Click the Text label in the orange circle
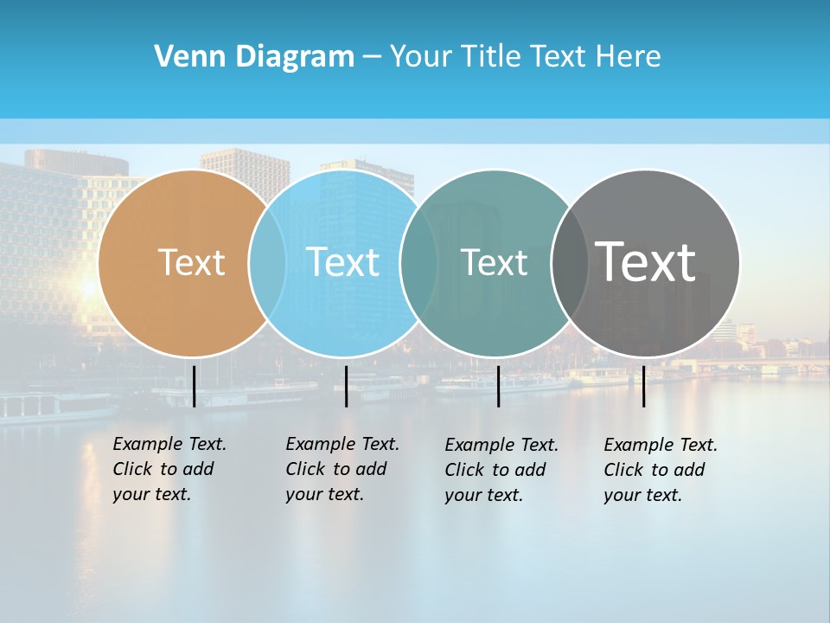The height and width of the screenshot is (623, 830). [x=191, y=262]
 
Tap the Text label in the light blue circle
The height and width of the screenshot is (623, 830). [x=342, y=262]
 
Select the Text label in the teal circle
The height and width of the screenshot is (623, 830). [x=494, y=262]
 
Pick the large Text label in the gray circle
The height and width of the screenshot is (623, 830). [x=645, y=261]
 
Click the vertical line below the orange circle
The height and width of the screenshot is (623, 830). [x=194, y=386]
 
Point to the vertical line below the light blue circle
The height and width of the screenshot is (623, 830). [x=346, y=386]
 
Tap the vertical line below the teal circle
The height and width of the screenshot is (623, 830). [x=498, y=386]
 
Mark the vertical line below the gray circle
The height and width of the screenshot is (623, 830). [x=643, y=386]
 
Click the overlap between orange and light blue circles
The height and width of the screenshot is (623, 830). [x=267, y=263]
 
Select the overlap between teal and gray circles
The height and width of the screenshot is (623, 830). [x=570, y=263]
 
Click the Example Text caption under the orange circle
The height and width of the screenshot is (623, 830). [x=169, y=469]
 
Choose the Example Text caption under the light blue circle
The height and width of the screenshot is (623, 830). [x=342, y=469]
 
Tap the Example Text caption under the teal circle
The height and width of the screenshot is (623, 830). [x=501, y=470]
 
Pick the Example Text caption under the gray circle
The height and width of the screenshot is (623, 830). [x=660, y=470]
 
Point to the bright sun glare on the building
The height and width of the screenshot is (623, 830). [x=87, y=286]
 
